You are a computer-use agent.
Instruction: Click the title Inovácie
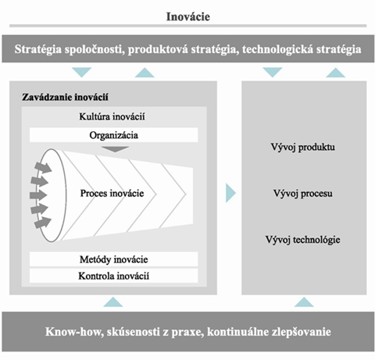click(x=188, y=16)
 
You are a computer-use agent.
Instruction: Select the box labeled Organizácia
click(x=113, y=135)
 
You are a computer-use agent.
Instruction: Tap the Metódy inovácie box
click(x=113, y=259)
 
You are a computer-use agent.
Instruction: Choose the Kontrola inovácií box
click(x=113, y=276)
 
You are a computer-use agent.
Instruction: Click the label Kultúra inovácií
click(x=112, y=116)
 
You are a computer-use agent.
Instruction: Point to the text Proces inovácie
click(x=112, y=193)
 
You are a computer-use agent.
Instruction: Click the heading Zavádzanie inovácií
click(x=65, y=97)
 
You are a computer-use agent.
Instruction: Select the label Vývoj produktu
click(x=303, y=148)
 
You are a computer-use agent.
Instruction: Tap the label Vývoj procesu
click(x=303, y=194)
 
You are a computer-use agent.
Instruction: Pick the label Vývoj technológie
click(x=303, y=240)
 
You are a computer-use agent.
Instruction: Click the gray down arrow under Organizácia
click(x=115, y=149)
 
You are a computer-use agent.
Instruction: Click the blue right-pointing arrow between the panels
click(x=230, y=193)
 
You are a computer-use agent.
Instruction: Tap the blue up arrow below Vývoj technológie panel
click(x=304, y=303)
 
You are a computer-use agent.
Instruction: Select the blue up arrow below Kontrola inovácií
click(x=113, y=303)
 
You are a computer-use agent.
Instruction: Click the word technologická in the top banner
click(x=277, y=49)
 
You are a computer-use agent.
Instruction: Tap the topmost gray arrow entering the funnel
click(x=44, y=167)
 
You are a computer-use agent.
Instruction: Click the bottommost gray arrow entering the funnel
click(x=42, y=223)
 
